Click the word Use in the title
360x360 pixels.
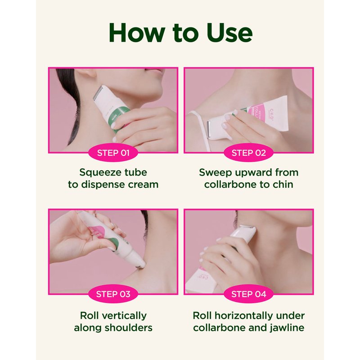coord(229,32)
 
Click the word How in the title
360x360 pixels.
coord(137,32)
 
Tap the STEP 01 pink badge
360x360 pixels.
coord(113,153)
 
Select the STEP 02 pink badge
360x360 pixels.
coord(249,153)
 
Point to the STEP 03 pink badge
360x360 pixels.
coord(113,294)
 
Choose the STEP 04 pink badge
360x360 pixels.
coord(249,294)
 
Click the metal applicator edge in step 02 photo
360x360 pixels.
coord(209,130)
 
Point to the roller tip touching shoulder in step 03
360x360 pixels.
coord(140,264)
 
